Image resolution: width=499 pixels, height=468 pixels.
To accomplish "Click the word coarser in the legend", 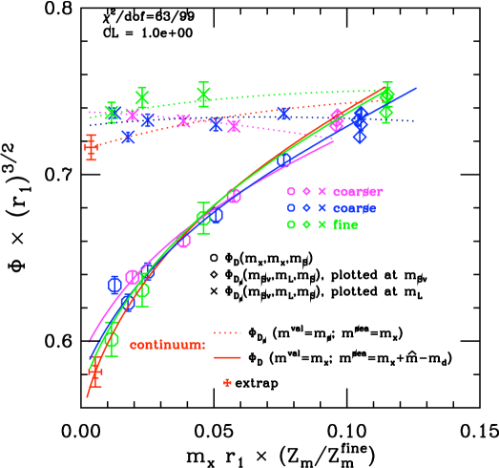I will (x=358, y=192).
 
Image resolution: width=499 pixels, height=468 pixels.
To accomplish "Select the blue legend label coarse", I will (x=354, y=208).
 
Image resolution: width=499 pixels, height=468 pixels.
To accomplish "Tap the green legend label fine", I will (x=345, y=224).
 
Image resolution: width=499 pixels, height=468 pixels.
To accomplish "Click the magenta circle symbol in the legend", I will (x=291, y=192).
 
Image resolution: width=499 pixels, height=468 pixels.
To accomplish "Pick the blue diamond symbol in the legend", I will (x=306, y=208).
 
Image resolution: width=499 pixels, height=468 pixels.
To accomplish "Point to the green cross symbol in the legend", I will (x=322, y=224).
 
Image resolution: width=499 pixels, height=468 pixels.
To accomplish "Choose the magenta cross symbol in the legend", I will (x=322, y=192).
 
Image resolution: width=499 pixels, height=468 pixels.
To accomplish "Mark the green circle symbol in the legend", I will (x=291, y=224).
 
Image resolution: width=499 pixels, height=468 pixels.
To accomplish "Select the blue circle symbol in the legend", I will (x=291, y=208).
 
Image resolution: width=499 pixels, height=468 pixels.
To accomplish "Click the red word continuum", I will (x=167, y=345).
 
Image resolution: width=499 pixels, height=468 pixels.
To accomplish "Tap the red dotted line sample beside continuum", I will (x=227, y=333).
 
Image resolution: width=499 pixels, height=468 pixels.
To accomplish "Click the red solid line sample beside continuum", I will (x=227, y=357).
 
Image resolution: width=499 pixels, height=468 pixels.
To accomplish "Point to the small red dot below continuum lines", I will (x=227, y=382).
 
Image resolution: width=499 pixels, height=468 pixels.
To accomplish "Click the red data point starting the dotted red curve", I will (x=91, y=147).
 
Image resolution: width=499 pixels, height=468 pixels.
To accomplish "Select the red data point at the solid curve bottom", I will (x=94, y=372).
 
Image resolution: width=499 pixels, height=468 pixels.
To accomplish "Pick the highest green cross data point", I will (x=203, y=94).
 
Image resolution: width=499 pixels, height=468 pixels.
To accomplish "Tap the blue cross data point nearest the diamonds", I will (x=284, y=114).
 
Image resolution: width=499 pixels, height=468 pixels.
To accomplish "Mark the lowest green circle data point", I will (x=111, y=339).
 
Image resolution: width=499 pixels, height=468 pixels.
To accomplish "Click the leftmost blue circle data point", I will (x=114, y=284).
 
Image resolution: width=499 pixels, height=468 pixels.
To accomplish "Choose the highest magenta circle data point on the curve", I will (x=234, y=196).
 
